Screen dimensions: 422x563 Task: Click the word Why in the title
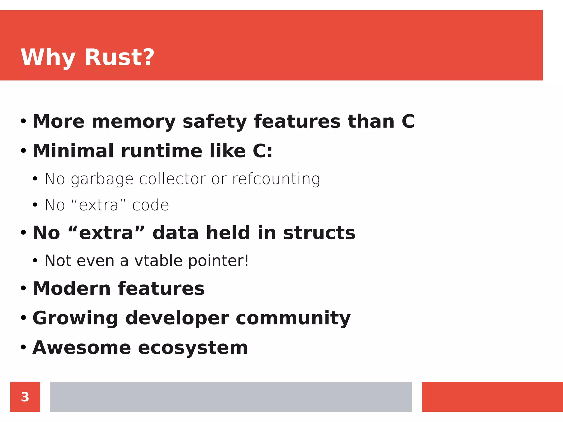[48, 58]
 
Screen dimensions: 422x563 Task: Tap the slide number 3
[25, 397]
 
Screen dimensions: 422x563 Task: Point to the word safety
[214, 122]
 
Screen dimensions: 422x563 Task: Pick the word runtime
[162, 151]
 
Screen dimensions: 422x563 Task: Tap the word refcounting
[276, 179]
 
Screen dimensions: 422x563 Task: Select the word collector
[172, 179]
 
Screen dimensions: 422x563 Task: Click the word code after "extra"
[150, 205]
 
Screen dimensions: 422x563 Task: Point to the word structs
[319, 233]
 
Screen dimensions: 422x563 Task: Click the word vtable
[158, 260]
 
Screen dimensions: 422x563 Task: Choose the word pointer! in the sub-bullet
[219, 261]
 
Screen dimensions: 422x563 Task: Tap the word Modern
[71, 288]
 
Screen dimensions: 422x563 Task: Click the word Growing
[75, 318]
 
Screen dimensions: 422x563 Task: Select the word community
[293, 318]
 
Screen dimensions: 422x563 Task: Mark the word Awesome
[82, 348]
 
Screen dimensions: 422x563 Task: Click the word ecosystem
[193, 348]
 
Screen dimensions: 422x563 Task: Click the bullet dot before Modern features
[23, 288]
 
